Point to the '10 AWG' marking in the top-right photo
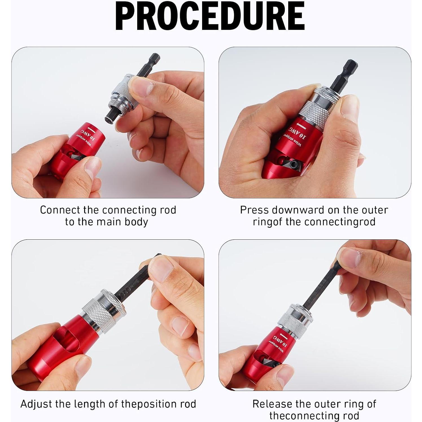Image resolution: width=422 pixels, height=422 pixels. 298,132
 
